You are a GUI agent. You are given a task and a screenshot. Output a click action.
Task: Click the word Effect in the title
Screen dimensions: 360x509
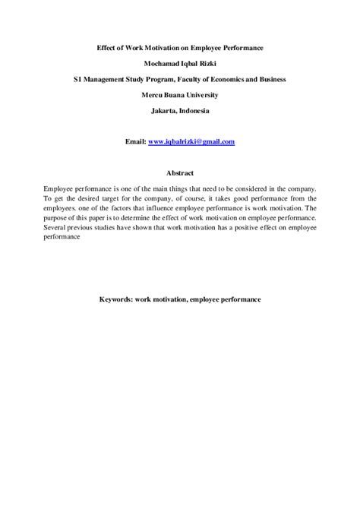pos(109,47)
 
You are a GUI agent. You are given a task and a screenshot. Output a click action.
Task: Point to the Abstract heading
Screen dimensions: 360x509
pos(179,172)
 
